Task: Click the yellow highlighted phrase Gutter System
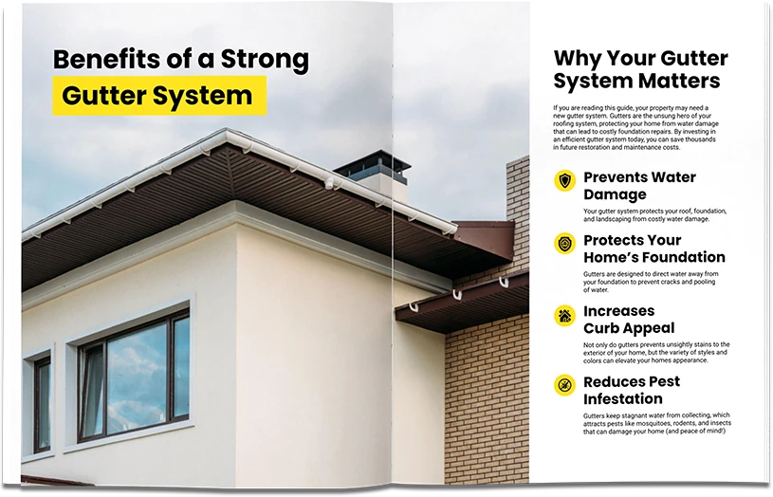click(159, 95)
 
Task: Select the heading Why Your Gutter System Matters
click(640, 69)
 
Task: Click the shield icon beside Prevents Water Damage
click(564, 180)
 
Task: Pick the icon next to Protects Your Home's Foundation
click(564, 243)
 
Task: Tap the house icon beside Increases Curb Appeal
click(564, 315)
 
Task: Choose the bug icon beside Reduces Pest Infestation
click(564, 384)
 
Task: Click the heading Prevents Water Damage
click(639, 185)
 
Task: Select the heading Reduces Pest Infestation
click(632, 390)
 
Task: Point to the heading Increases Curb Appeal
click(629, 320)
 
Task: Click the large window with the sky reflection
click(135, 375)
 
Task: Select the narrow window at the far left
click(42, 404)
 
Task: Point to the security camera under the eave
click(329, 184)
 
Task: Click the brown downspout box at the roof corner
click(484, 240)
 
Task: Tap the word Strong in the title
click(265, 60)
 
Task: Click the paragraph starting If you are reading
click(635, 128)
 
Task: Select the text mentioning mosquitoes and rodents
click(657, 423)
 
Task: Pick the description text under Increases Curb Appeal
click(656, 353)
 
